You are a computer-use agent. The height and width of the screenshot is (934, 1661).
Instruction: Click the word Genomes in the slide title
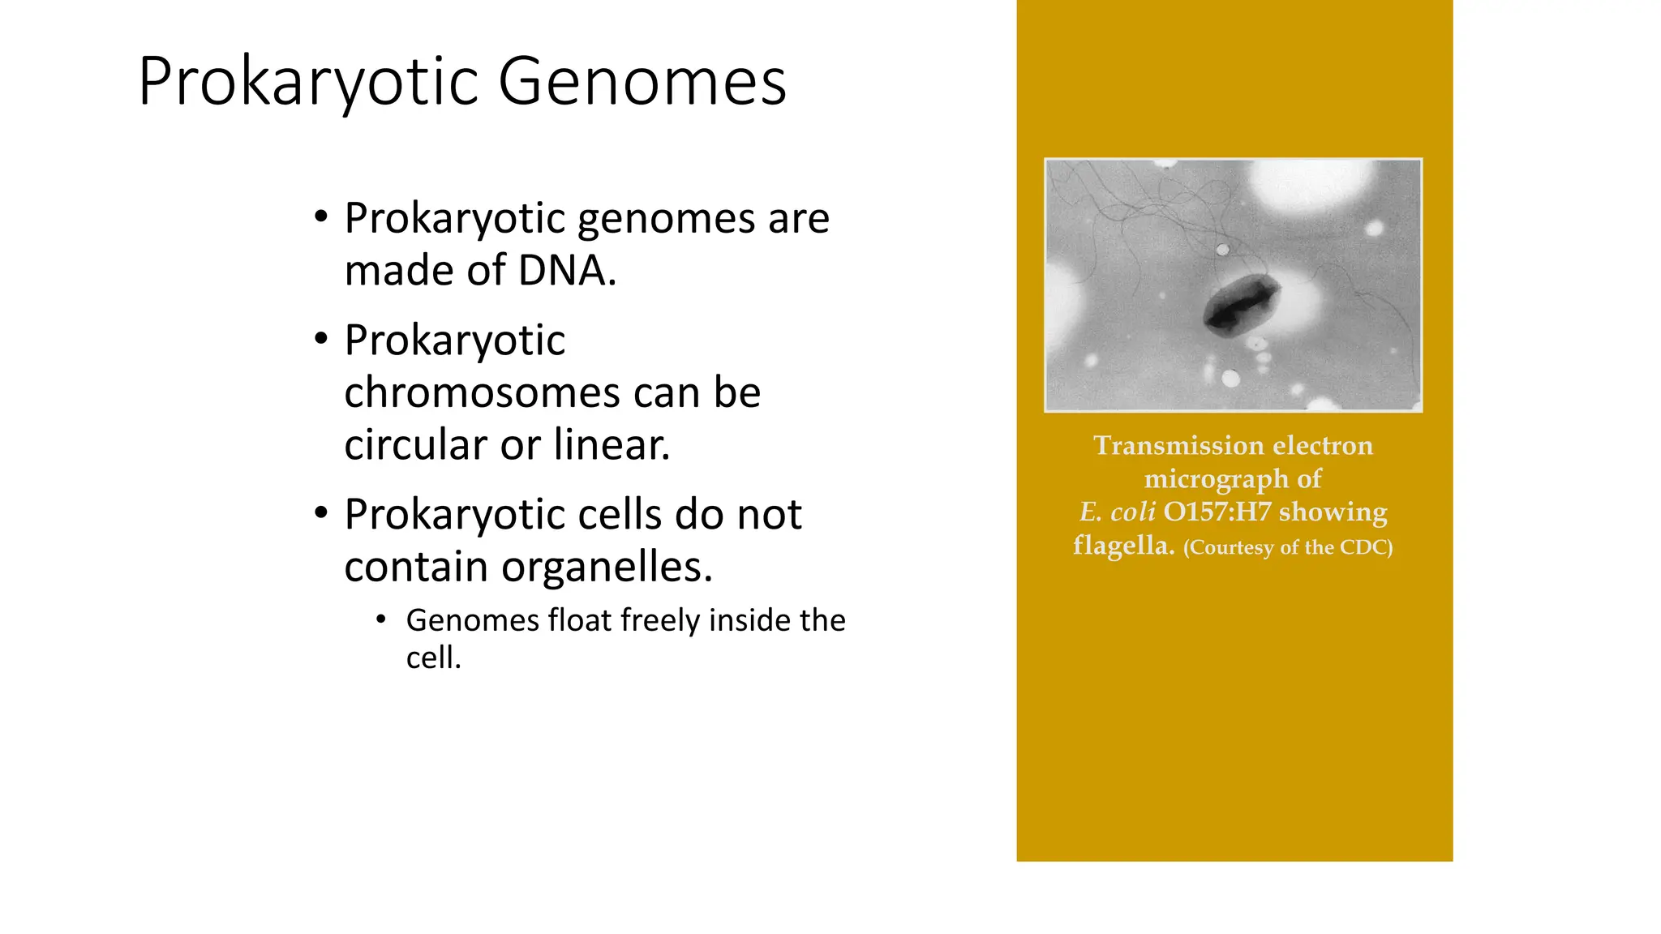(x=642, y=82)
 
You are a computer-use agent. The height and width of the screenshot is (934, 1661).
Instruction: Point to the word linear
(x=612, y=444)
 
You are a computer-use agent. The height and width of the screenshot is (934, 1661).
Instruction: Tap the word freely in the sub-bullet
(x=659, y=620)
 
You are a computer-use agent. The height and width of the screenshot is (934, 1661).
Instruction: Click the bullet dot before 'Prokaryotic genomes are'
(x=321, y=217)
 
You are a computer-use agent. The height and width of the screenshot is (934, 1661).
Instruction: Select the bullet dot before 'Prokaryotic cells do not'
(x=321, y=513)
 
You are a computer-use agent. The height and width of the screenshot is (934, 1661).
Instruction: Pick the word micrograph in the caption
(x=1215, y=479)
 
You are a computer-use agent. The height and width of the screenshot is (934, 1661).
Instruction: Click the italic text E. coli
(x=1117, y=512)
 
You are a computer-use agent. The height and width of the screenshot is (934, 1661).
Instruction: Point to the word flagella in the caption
(x=1122, y=546)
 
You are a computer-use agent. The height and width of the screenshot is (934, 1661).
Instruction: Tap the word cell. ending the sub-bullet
(x=433, y=658)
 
